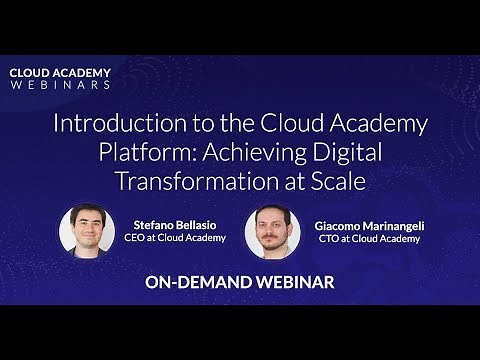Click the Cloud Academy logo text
[60, 73]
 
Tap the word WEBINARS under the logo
[60, 85]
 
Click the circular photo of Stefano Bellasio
[87, 231]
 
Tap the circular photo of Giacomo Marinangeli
[272, 231]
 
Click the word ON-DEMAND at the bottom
[194, 283]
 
